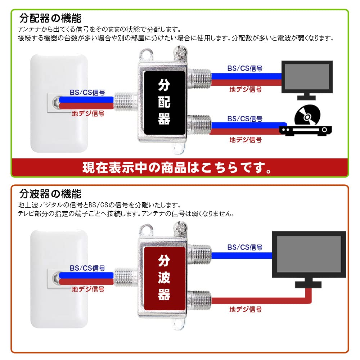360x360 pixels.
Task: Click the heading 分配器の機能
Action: (50, 18)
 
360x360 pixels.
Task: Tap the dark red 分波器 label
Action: (165, 278)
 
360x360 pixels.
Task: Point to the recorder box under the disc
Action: (306, 130)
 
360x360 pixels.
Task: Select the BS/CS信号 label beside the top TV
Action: (245, 68)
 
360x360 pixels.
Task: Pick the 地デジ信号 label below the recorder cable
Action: (246, 140)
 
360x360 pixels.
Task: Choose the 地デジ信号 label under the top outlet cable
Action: (88, 113)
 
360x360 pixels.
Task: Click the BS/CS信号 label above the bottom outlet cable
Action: (87, 268)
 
